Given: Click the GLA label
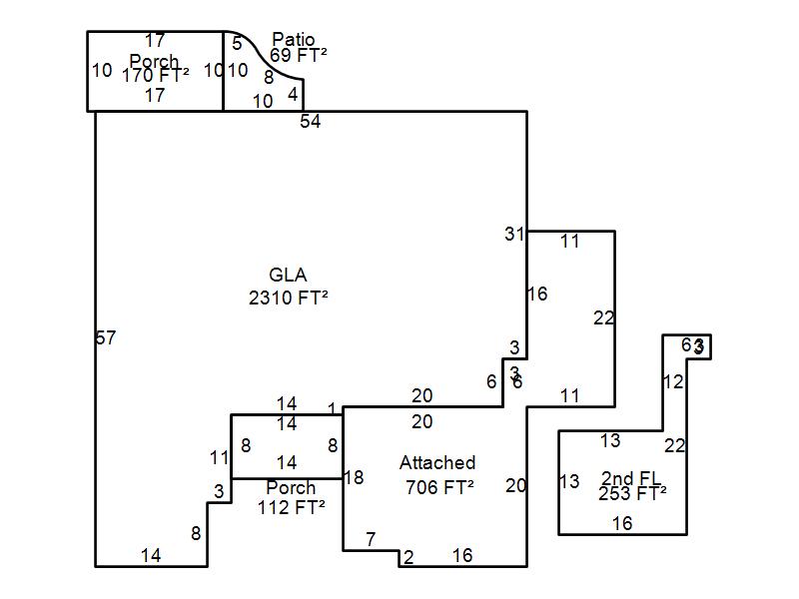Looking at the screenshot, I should click(x=288, y=275).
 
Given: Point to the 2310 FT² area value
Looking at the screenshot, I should click(x=289, y=298).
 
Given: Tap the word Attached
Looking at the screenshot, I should click(x=437, y=463).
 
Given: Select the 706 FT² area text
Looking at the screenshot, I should click(x=439, y=487).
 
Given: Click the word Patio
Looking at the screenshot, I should click(x=293, y=40).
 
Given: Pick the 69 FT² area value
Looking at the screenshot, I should click(x=299, y=57).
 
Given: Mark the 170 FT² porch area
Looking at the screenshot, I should click(x=155, y=75).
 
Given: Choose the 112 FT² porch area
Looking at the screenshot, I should click(x=292, y=507).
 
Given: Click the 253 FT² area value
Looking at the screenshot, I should click(x=632, y=493).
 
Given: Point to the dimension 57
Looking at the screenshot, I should click(x=106, y=337).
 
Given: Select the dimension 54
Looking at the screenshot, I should click(x=311, y=122).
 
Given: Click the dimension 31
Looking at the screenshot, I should click(x=514, y=234).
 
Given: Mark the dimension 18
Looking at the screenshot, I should click(x=354, y=477).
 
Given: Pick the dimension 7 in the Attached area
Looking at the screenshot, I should click(x=371, y=539).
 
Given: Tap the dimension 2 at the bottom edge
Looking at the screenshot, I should click(x=408, y=557).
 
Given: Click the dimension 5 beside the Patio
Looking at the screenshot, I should click(x=237, y=43).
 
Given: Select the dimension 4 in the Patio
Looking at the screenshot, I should click(x=293, y=95).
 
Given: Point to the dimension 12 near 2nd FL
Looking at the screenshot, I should click(x=673, y=381).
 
